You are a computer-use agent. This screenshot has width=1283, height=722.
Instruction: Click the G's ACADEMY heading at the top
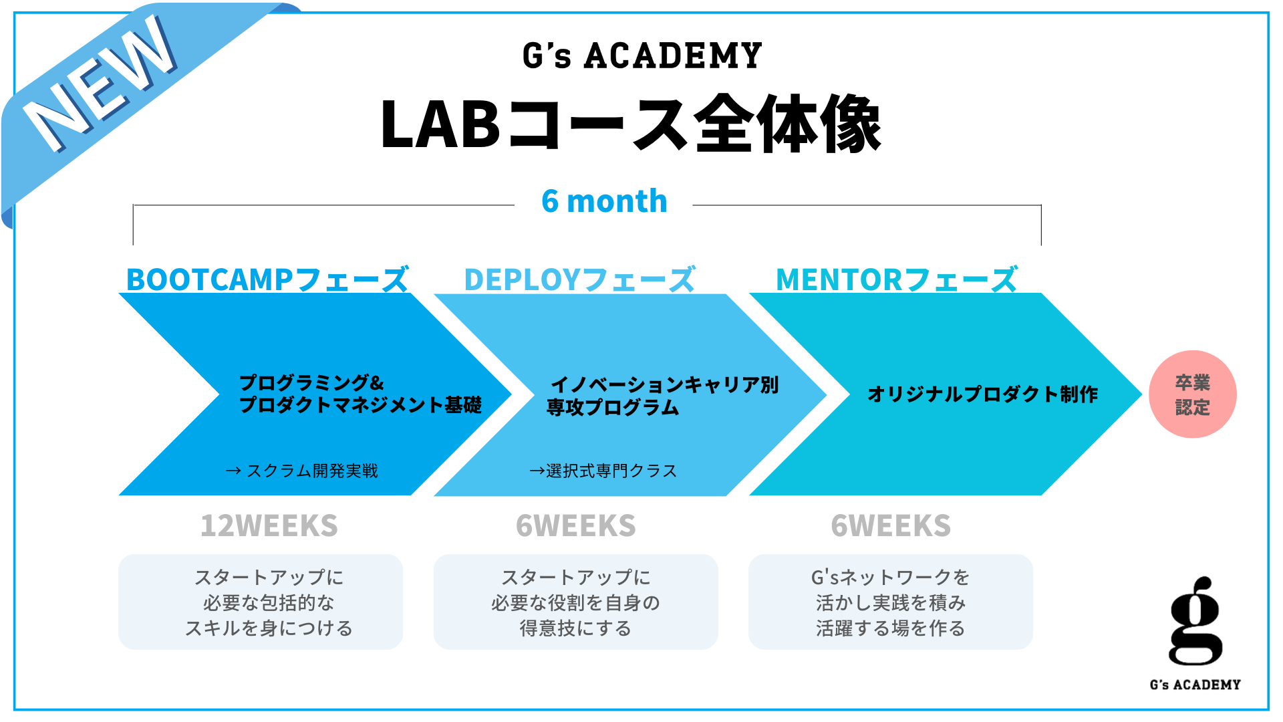[641, 55]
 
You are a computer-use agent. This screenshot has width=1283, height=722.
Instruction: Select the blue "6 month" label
[604, 201]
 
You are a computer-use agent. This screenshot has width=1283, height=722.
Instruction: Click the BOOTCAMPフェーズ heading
[267, 279]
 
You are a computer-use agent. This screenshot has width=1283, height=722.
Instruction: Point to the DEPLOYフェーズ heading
[580, 279]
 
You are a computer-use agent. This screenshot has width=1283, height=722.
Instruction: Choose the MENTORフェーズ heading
[897, 279]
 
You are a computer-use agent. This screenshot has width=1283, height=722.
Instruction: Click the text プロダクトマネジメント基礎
[360, 405]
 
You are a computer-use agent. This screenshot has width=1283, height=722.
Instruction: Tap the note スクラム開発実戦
[302, 471]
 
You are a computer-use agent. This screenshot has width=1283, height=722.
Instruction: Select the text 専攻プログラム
[613, 407]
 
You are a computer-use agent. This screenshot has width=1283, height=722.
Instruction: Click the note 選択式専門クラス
[603, 471]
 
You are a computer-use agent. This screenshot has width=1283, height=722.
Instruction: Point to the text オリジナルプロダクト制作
[982, 394]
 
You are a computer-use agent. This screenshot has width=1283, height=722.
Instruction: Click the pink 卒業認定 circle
[1193, 394]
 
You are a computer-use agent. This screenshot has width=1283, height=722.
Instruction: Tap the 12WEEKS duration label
[269, 526]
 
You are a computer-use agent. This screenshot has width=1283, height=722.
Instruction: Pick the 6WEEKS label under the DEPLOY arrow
[576, 526]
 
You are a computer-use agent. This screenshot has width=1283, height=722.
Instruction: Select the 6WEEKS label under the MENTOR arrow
[891, 526]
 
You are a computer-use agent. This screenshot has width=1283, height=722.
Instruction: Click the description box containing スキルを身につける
[261, 602]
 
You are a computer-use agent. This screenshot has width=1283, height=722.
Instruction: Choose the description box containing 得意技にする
[576, 602]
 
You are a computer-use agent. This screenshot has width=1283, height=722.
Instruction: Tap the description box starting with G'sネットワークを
[891, 602]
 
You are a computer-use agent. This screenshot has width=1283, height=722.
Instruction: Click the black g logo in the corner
[1195, 622]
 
